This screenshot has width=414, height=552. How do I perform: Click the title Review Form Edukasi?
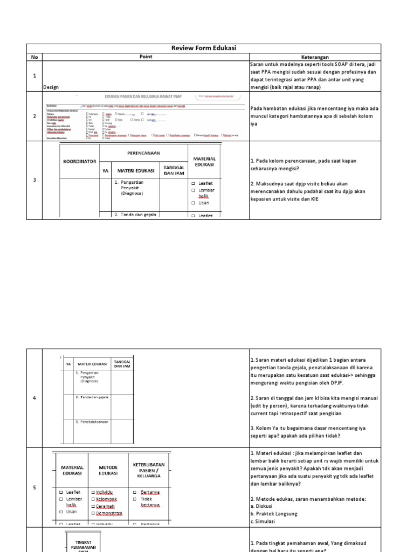pyautogui.click(x=204, y=49)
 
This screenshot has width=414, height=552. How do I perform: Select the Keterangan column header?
pyautogui.click(x=315, y=57)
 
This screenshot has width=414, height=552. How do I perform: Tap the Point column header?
pyautogui.click(x=146, y=57)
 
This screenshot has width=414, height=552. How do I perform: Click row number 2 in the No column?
pyautogui.click(x=34, y=116)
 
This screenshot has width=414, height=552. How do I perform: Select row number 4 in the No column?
pyautogui.click(x=34, y=398)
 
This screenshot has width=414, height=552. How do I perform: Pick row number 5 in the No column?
pyautogui.click(x=34, y=487)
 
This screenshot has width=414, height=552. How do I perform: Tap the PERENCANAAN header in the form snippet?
pyautogui.click(x=143, y=153)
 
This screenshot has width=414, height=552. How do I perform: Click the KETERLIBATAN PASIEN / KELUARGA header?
pyautogui.click(x=148, y=469)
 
